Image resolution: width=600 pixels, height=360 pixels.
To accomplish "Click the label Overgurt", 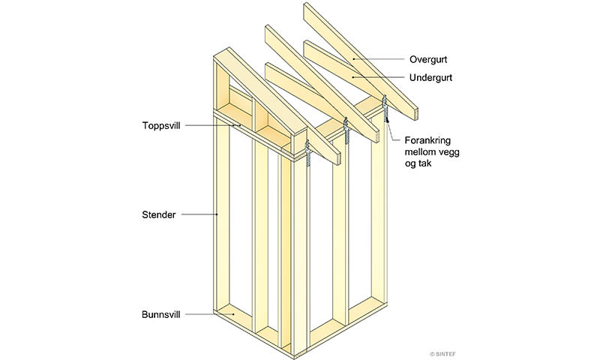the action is click(427, 59).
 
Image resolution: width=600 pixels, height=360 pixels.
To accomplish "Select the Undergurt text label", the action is click(430, 78).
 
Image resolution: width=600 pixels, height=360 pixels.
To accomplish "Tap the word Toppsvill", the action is click(161, 125).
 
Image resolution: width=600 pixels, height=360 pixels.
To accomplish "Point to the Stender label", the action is click(159, 214).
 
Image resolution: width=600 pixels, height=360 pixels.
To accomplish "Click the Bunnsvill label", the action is click(160, 315).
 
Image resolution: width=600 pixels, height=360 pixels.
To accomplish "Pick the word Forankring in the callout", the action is click(427, 140).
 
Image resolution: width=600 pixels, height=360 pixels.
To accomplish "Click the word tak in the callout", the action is click(424, 163).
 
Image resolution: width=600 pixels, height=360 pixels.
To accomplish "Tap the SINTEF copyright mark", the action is click(442, 354).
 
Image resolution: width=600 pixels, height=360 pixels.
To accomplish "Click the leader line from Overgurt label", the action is click(379, 59).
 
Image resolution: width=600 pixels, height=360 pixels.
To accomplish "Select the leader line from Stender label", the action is click(199, 214).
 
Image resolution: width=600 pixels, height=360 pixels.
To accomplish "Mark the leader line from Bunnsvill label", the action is click(210, 314).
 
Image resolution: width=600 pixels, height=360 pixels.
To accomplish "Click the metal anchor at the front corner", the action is click(307, 152).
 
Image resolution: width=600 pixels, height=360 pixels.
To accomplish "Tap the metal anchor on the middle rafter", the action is click(346, 130).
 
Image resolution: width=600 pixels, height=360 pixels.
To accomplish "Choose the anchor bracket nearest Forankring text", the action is click(385, 108).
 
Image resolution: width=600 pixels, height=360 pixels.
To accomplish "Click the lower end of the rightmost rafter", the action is click(415, 115).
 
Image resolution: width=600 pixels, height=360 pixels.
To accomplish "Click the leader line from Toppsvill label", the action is click(213, 125).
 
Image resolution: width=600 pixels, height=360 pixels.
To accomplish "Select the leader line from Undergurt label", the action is click(379, 77).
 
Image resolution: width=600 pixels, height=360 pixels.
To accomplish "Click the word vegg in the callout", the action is click(448, 152).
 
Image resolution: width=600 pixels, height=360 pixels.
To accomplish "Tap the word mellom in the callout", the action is click(419, 152).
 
